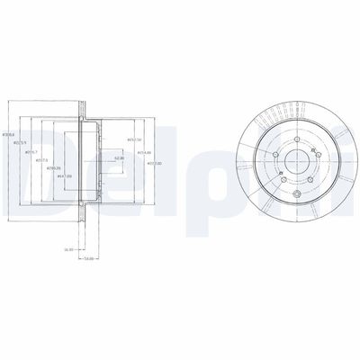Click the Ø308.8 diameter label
point(10,133)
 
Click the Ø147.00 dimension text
point(65,176)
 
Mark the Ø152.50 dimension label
point(134,141)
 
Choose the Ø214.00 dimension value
point(142,153)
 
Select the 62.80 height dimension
point(118,158)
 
